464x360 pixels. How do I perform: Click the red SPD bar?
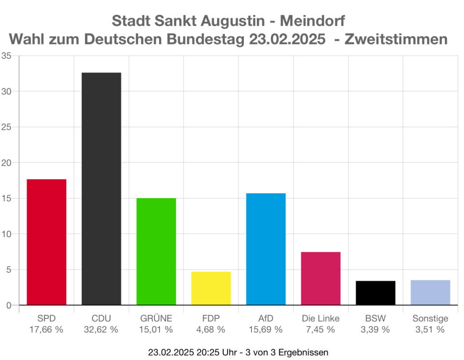pyautogui.click(x=47, y=242)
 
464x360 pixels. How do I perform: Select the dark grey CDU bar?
pyautogui.click(x=101, y=188)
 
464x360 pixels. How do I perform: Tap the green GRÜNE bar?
pyautogui.click(x=156, y=251)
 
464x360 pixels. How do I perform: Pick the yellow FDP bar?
pyautogui.click(x=211, y=288)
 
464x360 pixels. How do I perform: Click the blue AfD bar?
pyautogui.click(x=266, y=249)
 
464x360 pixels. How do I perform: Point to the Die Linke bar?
pyautogui.click(x=320, y=278)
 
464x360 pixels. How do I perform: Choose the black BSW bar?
pyautogui.click(x=375, y=293)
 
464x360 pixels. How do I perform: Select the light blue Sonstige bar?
pyautogui.click(x=430, y=292)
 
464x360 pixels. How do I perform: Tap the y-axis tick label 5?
pyautogui.click(x=9, y=269)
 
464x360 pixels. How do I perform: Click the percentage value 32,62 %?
pyautogui.click(x=101, y=330)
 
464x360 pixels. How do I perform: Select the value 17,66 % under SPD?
pyautogui.click(x=46, y=330)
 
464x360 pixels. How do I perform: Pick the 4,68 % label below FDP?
pyautogui.click(x=211, y=330)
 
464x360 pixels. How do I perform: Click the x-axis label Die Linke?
pyautogui.click(x=320, y=318)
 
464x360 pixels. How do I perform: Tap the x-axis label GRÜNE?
pyautogui.click(x=156, y=318)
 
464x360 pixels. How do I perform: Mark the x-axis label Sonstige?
pyautogui.click(x=430, y=318)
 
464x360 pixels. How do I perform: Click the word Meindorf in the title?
pyautogui.click(x=312, y=21)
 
